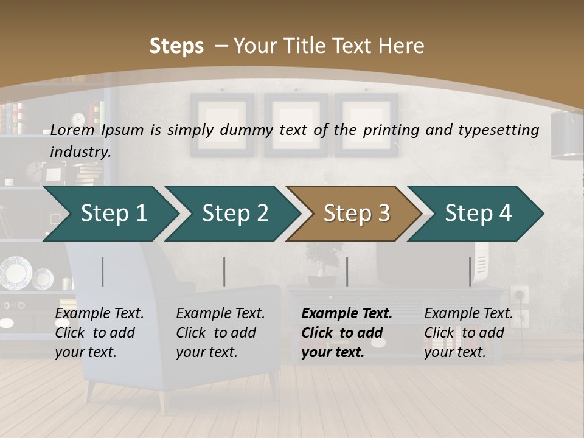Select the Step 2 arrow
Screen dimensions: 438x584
coord(235,214)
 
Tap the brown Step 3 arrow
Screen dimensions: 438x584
coord(356,214)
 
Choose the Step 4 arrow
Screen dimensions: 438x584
coord(478,214)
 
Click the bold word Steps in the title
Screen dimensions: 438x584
coord(176,46)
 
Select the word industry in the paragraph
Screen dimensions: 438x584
coord(80,151)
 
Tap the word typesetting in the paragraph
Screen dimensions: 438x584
coord(495,130)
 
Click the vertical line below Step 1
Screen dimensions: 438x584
coord(103,271)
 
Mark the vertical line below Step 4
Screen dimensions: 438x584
coord(470,271)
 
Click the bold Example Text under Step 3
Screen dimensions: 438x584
coord(347,314)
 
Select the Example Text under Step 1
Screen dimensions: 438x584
coord(99,314)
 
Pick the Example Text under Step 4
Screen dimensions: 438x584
coord(468,314)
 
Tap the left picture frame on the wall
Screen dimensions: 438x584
coord(221,125)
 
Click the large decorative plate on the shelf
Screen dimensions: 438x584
coord(15,273)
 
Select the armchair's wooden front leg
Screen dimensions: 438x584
coord(162,401)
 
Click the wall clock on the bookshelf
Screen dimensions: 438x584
coord(78,119)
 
